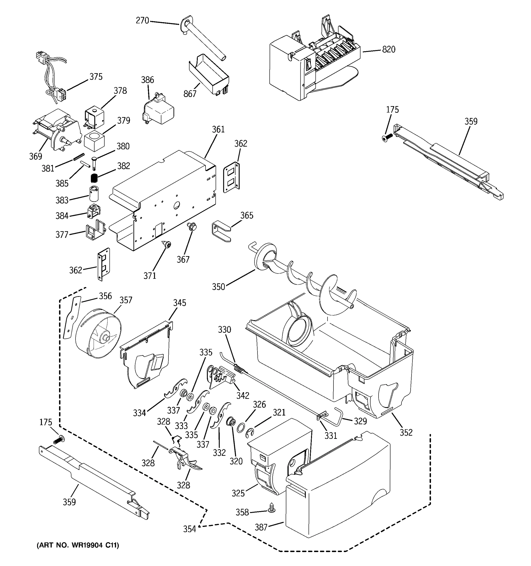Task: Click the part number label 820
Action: click(388, 50)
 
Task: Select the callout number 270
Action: click(143, 21)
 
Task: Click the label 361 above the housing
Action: click(218, 129)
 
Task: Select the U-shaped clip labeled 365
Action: click(221, 232)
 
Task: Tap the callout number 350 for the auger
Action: click(219, 287)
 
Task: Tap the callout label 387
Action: click(261, 527)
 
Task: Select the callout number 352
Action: click(406, 433)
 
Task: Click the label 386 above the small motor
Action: click(147, 80)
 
